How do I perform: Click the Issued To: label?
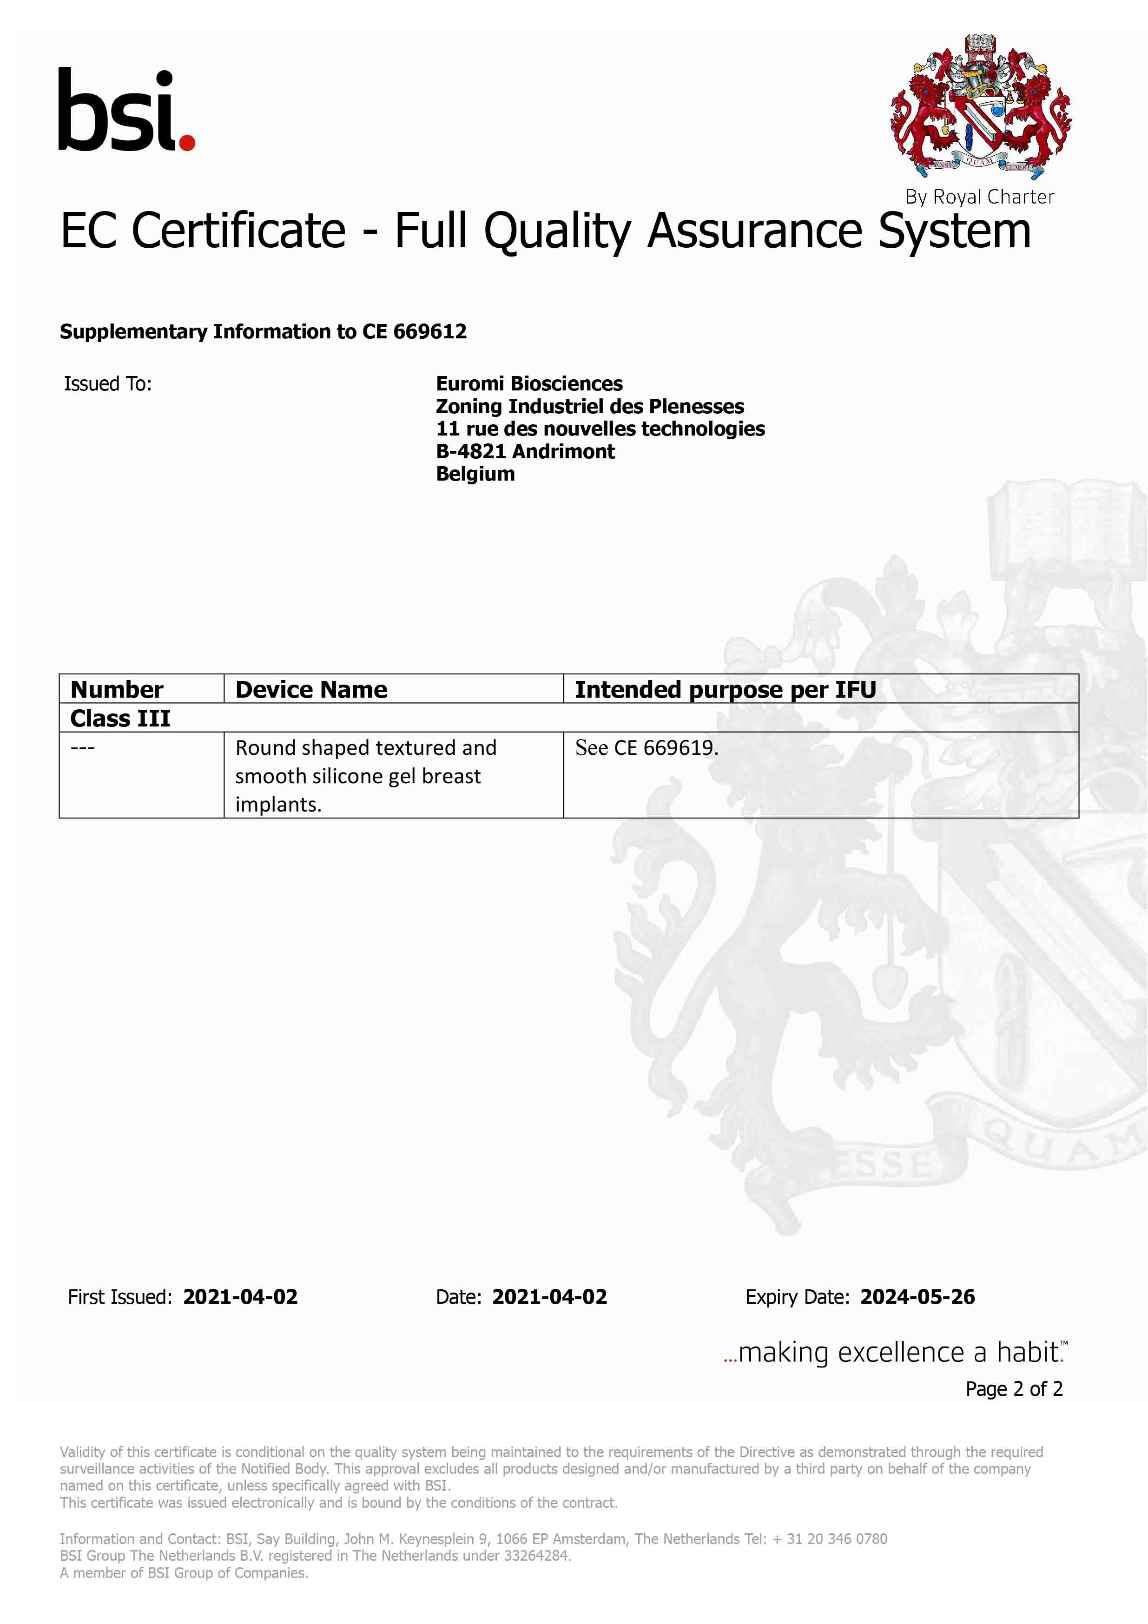108,383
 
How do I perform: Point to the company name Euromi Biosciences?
529,383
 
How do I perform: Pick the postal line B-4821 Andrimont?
525,451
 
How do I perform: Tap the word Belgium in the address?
475,474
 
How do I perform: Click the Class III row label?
120,718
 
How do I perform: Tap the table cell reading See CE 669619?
647,748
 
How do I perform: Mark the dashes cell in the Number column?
83,748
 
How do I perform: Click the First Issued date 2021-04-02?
240,1296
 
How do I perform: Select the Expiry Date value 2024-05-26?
917,1296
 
